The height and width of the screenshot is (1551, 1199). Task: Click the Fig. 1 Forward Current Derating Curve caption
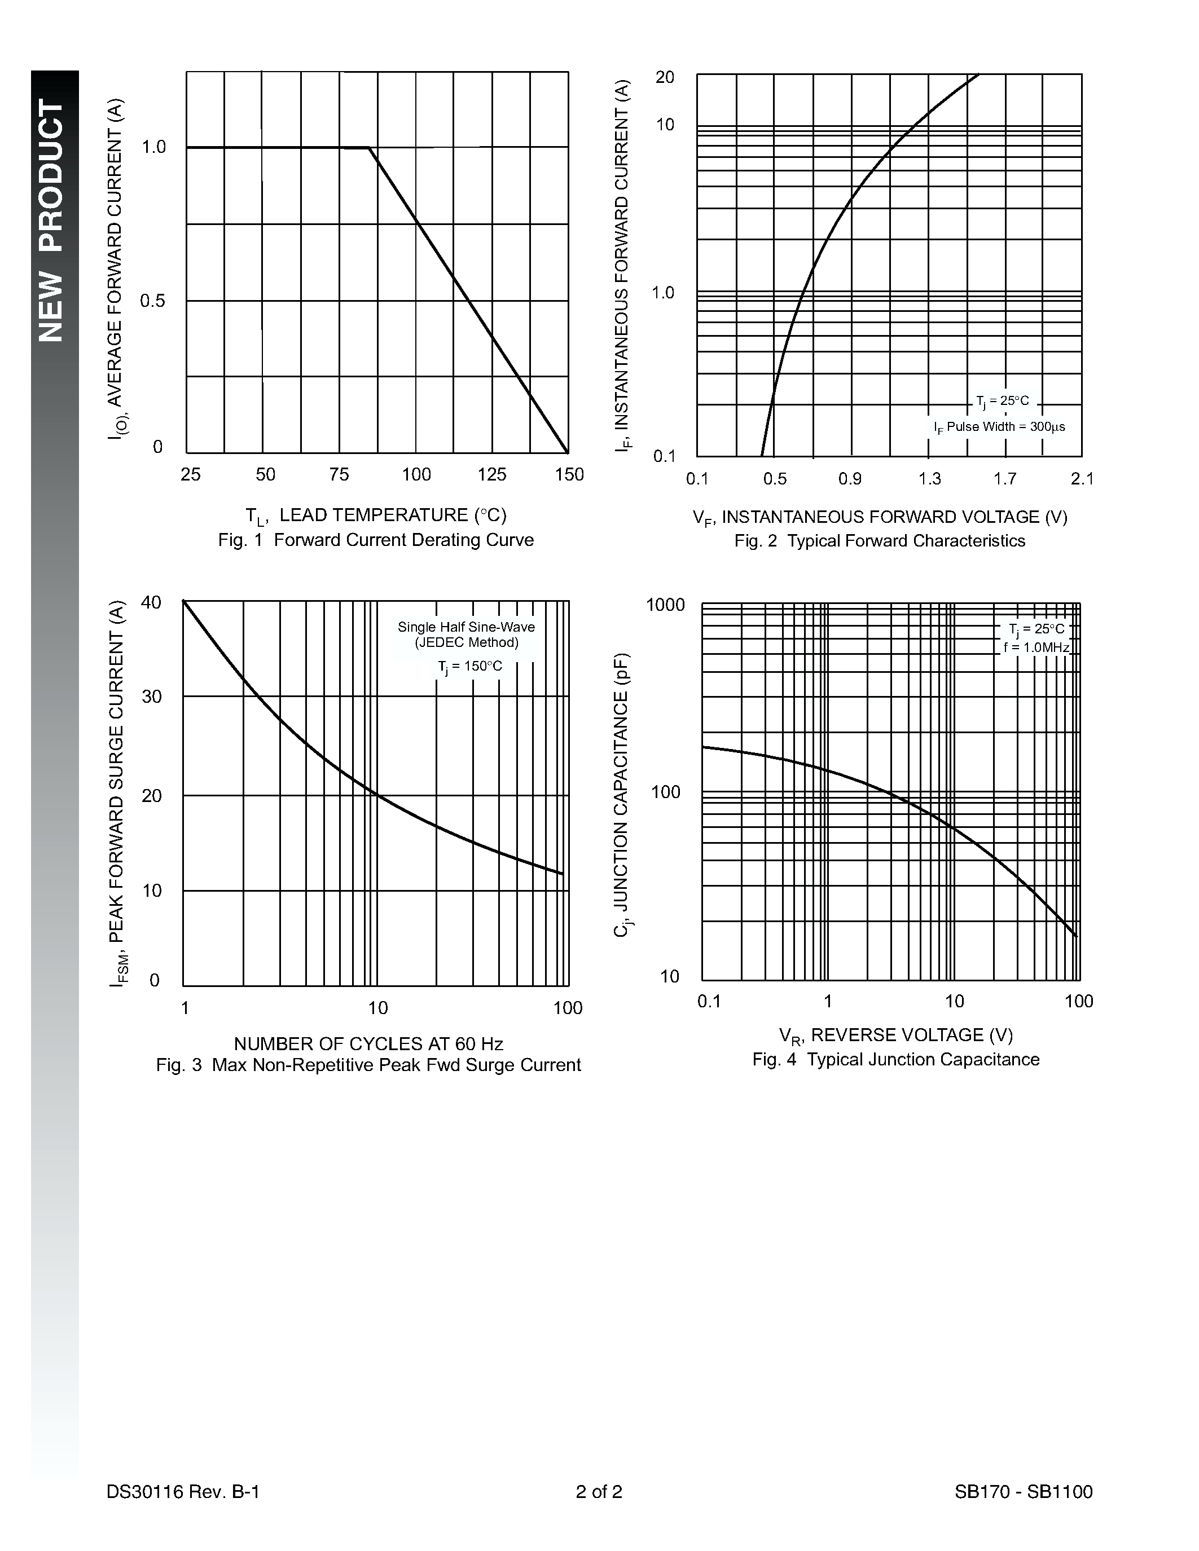coord(375,540)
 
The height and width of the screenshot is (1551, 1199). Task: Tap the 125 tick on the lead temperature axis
coord(491,474)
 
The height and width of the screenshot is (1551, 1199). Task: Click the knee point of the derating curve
coord(368,148)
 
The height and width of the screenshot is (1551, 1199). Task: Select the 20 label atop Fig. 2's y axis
coord(664,77)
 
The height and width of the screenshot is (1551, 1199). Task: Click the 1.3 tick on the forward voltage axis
coord(929,479)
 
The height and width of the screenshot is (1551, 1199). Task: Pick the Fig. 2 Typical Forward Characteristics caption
coord(880,541)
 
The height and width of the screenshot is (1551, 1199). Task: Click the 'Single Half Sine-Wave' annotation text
coord(466,627)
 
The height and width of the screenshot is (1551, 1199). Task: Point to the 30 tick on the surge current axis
coord(152,697)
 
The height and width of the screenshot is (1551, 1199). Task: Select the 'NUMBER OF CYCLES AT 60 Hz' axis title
coord(368,1044)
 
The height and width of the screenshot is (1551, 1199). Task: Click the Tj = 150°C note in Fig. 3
coord(469,666)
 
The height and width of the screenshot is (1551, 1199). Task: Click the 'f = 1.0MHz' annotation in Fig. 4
coord(1035,647)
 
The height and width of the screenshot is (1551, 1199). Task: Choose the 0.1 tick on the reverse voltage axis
coord(709,1001)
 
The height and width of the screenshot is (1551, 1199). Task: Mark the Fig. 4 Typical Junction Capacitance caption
coord(895,1060)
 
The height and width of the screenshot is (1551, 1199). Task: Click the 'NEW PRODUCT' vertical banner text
coord(52,220)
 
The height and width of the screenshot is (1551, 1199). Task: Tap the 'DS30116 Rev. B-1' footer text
coord(183,1492)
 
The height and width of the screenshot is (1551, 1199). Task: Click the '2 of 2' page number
coord(599,1492)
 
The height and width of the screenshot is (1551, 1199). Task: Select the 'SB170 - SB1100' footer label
coord(1023,1492)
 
